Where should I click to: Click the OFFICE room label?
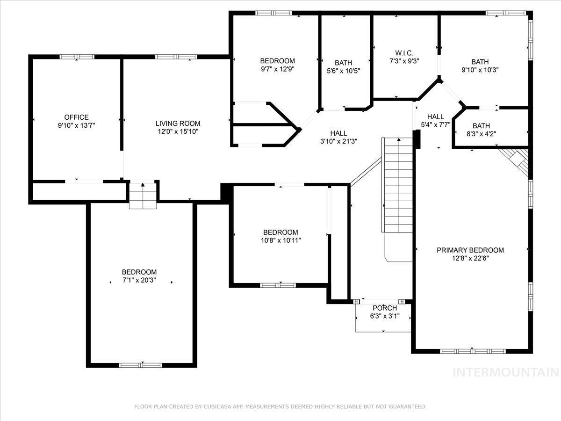[x=76, y=117]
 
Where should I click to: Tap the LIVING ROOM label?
[x=178, y=123]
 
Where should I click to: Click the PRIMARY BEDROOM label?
[x=470, y=250]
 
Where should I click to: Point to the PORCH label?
[x=384, y=308]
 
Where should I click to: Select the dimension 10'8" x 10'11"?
[x=280, y=240]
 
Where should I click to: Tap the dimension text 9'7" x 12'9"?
[x=277, y=69]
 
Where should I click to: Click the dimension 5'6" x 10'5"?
[x=343, y=71]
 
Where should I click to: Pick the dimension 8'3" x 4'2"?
[x=481, y=134]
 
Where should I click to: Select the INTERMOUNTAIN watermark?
[x=506, y=372]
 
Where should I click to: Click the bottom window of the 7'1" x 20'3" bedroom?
[x=140, y=365]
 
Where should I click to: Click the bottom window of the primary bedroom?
[x=473, y=351]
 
